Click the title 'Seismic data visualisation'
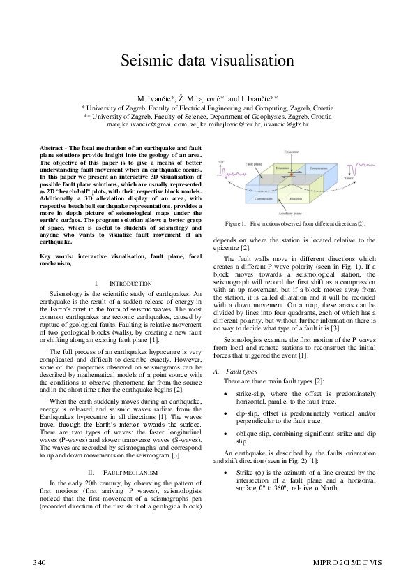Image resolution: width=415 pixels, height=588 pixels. [207, 60]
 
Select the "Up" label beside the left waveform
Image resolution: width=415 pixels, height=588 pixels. [221, 162]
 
